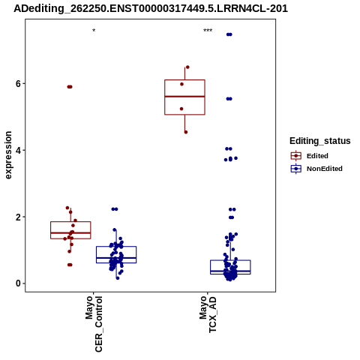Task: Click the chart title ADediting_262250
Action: [x=151, y=9]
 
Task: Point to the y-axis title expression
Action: [x=8, y=155]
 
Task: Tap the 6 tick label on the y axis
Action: [x=18, y=83]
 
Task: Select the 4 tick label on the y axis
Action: [x=18, y=150]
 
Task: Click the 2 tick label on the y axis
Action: [x=18, y=217]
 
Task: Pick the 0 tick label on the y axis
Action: [x=18, y=283]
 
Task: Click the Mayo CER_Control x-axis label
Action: [x=94, y=324]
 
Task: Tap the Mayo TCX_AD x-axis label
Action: [x=208, y=314]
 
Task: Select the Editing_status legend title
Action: [x=320, y=141]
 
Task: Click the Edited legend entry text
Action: [x=317, y=156]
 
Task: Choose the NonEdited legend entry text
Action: [x=325, y=169]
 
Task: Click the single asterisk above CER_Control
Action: [x=94, y=31]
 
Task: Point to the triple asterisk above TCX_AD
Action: [x=208, y=31]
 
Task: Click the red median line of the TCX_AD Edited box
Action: [x=184, y=96]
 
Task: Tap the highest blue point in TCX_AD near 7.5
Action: [x=229, y=34]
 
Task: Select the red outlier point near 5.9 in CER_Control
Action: [x=70, y=87]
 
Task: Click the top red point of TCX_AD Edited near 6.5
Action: [x=187, y=67]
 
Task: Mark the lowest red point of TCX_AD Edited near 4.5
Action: [x=186, y=132]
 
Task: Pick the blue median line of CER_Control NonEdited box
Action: [x=116, y=257]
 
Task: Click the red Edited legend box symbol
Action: [x=296, y=156]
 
